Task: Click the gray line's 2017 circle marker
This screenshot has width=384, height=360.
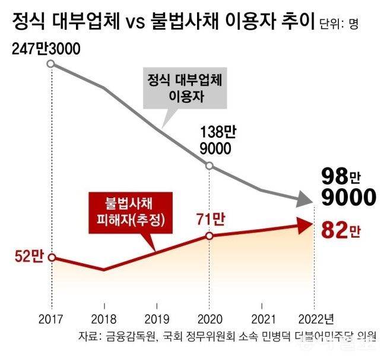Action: click(x=51, y=63)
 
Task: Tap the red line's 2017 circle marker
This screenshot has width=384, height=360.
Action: click(x=51, y=257)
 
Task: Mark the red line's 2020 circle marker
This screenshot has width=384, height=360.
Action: click(x=210, y=236)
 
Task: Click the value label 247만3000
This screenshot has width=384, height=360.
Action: click(x=46, y=49)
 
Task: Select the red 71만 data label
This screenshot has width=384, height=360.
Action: click(x=210, y=219)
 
